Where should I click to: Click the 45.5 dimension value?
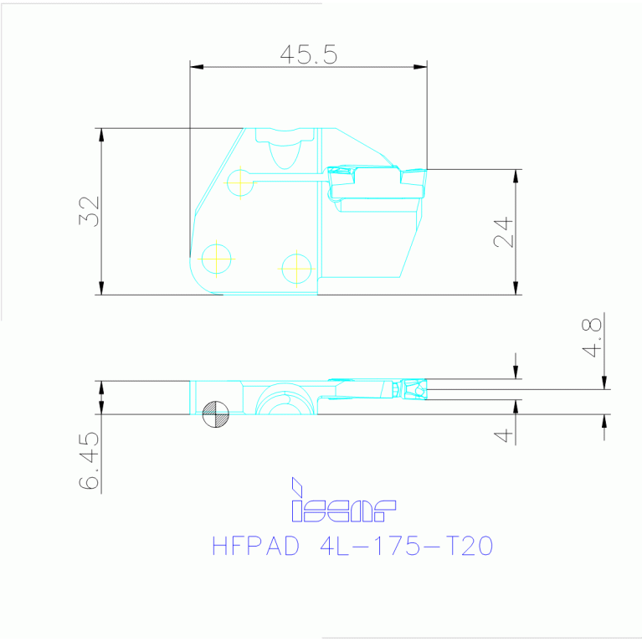(x=308, y=55)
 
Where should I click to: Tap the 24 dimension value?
(x=502, y=233)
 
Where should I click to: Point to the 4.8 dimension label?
(x=593, y=337)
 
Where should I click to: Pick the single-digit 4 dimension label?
(x=502, y=435)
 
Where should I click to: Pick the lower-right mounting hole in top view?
(x=296, y=268)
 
